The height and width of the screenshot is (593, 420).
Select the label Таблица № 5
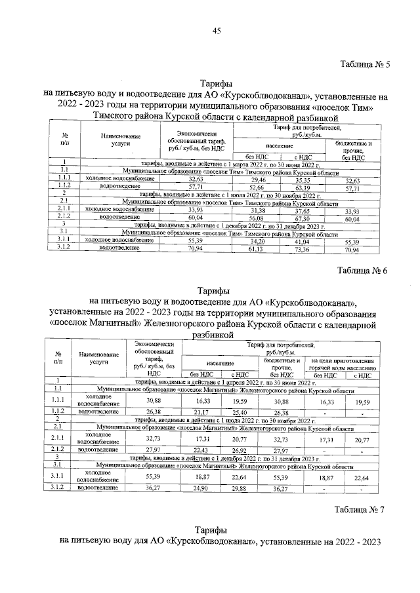(366, 65)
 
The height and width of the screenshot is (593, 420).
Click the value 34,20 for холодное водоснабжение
(258, 242)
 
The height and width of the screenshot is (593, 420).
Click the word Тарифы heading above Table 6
(213, 292)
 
